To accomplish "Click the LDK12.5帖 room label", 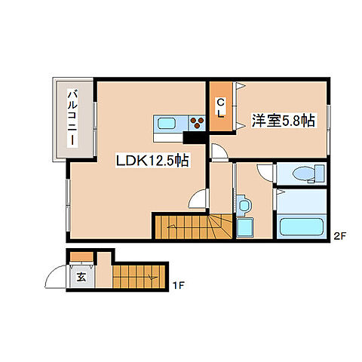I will click(152, 161).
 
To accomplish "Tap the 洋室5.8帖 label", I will click(283, 121).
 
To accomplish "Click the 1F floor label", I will click(179, 284).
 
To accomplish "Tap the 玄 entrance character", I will click(81, 276).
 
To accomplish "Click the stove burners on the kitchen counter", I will click(198, 124).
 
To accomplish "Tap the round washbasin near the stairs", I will click(244, 204).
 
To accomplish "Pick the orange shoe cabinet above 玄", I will click(81, 261).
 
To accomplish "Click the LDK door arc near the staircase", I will click(198, 201).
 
